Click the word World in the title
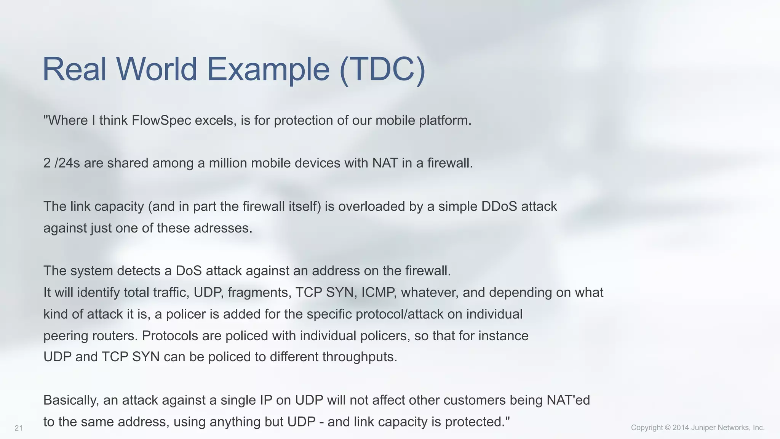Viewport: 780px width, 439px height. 156,69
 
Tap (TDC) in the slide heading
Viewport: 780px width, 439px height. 382,69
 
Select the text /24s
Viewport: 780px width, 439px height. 67,163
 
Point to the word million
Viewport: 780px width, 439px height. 227,163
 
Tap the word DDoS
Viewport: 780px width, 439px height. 499,207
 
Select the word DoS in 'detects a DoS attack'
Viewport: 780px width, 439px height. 189,271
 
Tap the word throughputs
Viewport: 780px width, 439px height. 360,357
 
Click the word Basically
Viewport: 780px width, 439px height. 71,401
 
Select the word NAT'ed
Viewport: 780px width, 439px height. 568,401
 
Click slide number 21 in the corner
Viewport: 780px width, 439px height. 19,428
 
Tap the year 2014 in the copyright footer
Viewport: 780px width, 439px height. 681,428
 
